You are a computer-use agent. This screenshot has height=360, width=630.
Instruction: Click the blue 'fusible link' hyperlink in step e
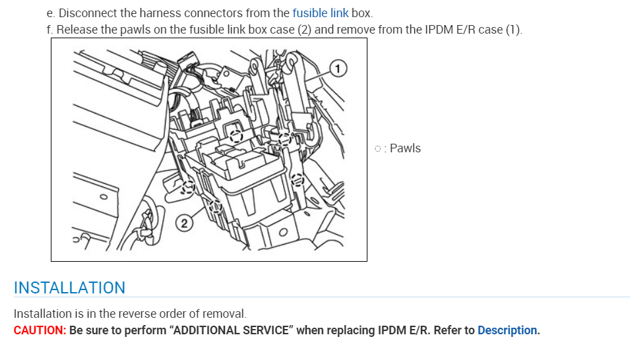click(320, 13)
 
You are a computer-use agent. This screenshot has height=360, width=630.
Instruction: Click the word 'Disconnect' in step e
click(85, 13)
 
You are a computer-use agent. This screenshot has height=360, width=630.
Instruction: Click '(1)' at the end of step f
click(513, 30)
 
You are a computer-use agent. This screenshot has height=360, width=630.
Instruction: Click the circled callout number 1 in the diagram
click(338, 67)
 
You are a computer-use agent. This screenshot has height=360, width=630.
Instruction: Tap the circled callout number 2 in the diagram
click(185, 224)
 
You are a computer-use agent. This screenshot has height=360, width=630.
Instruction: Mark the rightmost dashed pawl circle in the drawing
click(298, 179)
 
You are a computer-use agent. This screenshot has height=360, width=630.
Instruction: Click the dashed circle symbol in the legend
click(377, 148)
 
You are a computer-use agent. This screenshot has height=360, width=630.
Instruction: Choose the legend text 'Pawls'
click(405, 148)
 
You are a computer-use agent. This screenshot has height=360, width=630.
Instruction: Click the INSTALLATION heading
click(69, 288)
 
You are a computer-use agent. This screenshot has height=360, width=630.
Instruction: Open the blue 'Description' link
click(508, 330)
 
